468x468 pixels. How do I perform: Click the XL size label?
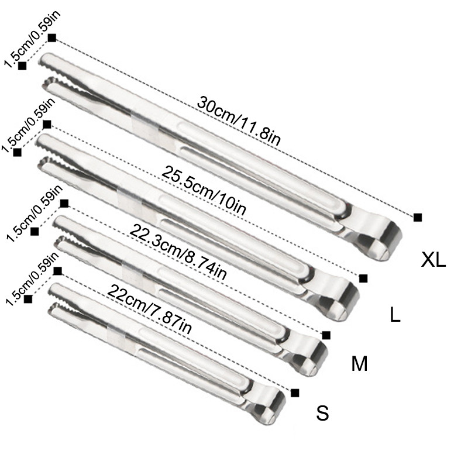[433, 260]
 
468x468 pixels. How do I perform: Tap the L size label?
[395, 314]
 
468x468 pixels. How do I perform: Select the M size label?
[359, 363]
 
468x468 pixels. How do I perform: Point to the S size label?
[322, 413]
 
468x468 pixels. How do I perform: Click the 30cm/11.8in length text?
[239, 121]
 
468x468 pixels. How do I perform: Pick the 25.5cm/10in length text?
[204, 191]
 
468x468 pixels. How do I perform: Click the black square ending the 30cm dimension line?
[418, 217]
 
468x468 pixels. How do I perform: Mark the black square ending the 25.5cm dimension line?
[363, 278]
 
